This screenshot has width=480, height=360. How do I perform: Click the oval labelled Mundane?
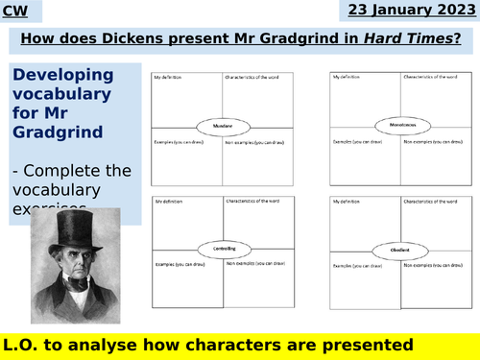coord(223,124)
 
